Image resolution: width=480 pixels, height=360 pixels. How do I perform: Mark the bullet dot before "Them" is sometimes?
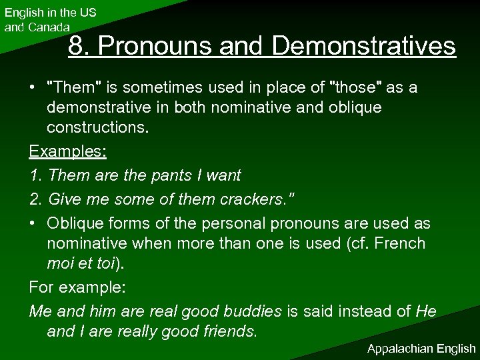point(33,88)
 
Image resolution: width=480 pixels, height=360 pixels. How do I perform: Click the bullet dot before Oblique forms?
point(33,222)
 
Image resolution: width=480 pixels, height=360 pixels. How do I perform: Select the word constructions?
point(95,130)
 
